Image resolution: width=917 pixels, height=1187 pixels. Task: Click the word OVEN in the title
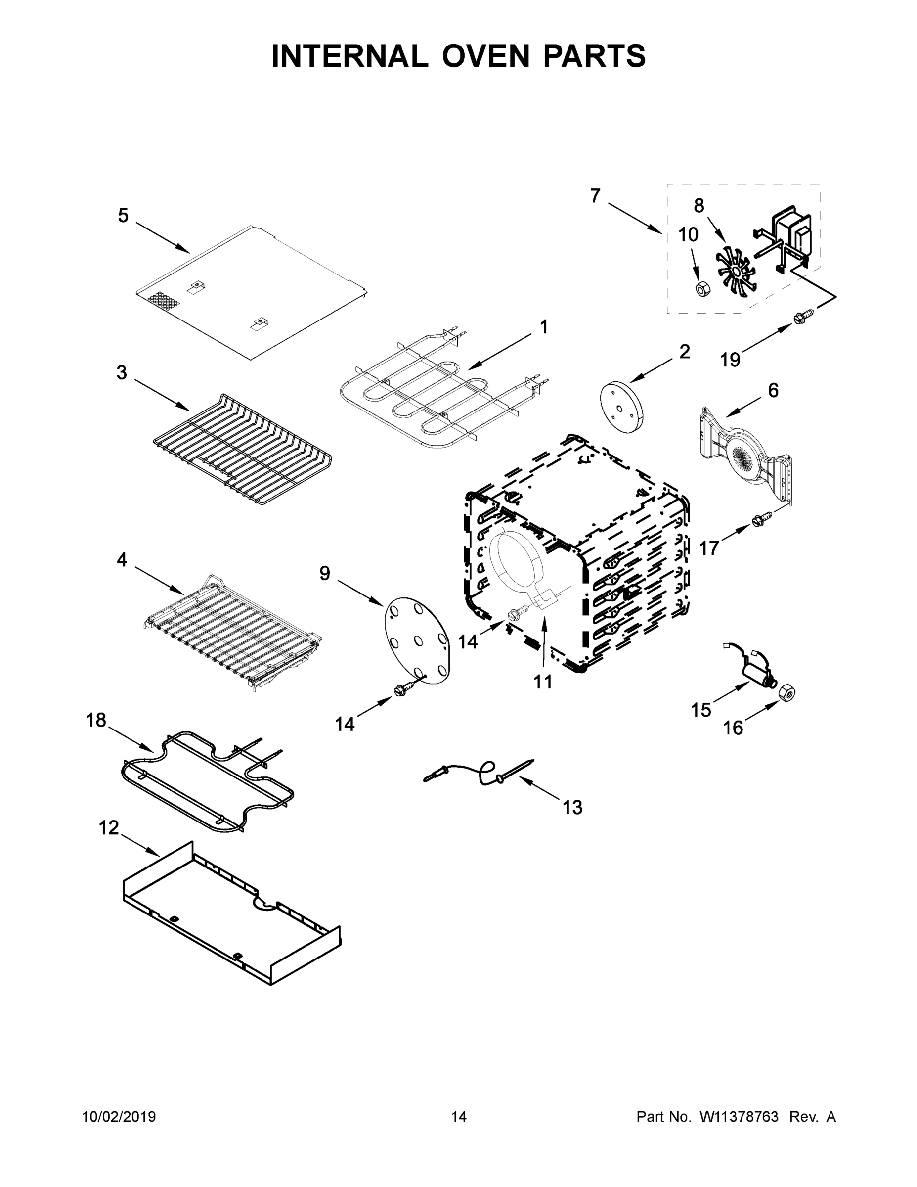485,56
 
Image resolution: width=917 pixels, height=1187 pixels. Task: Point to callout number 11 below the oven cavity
543,681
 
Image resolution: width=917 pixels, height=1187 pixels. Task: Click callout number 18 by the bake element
96,720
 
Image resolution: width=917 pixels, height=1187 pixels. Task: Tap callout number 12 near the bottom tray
109,828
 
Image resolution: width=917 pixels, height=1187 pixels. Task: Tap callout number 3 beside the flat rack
122,373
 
